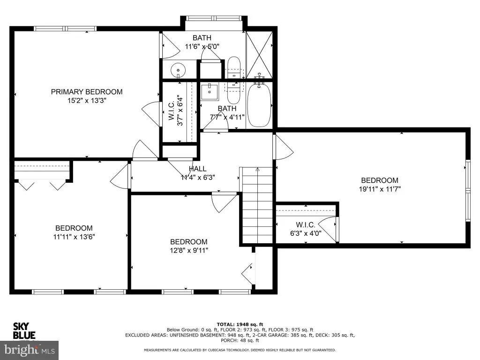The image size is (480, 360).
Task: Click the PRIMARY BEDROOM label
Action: point(87,92)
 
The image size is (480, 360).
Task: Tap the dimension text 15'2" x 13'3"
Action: point(87,100)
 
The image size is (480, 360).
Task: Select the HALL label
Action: point(197,169)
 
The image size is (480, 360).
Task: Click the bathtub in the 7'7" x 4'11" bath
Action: point(259,105)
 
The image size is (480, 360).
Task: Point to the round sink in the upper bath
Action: point(178,70)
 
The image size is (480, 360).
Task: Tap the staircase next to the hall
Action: point(257,205)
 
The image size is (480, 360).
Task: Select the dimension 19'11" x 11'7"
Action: point(380,189)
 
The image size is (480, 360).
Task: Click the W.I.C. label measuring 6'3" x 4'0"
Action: point(306,225)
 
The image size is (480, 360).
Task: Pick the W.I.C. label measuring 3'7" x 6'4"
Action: point(172,111)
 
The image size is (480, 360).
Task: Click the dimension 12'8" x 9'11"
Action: point(189,250)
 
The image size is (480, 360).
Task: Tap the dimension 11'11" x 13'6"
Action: point(74,237)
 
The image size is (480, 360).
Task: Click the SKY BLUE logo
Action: point(24,331)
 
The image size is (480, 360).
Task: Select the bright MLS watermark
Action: point(29,350)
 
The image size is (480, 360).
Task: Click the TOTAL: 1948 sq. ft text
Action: point(240,324)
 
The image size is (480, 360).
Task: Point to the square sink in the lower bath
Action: point(210,92)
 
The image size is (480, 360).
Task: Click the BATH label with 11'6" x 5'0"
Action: point(202,38)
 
